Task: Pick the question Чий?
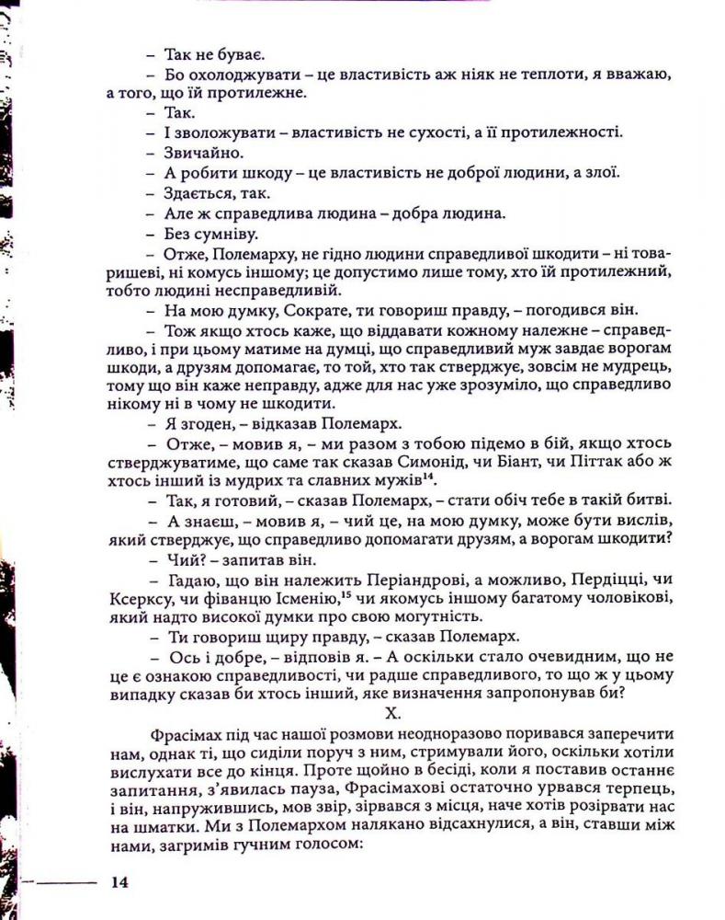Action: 180,559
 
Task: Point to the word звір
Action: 324,811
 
